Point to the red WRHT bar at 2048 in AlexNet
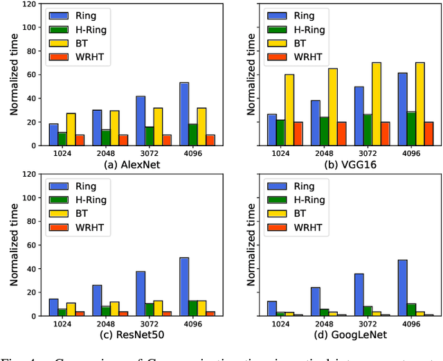pyautogui.click(x=123, y=140)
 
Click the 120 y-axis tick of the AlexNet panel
pyautogui.click(x=28, y=4)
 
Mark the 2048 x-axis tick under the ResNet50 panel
pyautogui.click(x=102, y=323)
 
